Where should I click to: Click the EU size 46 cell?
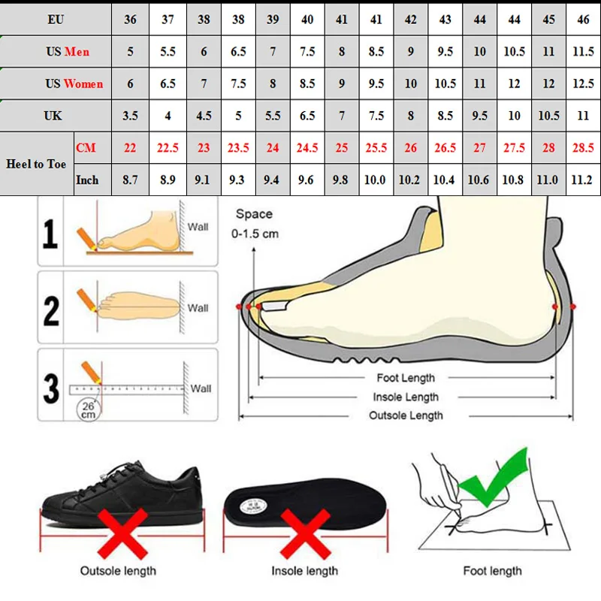point(583,19)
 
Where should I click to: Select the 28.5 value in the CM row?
point(583,148)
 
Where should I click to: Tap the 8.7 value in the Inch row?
point(131,180)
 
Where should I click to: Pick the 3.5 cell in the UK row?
point(131,116)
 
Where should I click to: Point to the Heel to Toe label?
point(36,164)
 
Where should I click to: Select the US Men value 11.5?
point(583,51)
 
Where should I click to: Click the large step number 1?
point(50,234)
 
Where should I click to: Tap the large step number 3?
point(50,389)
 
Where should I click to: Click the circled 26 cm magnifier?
point(89,409)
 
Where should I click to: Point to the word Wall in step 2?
point(198,308)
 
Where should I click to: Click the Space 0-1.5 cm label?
point(256,224)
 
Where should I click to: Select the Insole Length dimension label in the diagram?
point(406,397)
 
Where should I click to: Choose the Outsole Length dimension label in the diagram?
point(406,415)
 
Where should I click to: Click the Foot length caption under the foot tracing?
point(492,571)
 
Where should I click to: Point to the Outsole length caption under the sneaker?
point(118,571)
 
